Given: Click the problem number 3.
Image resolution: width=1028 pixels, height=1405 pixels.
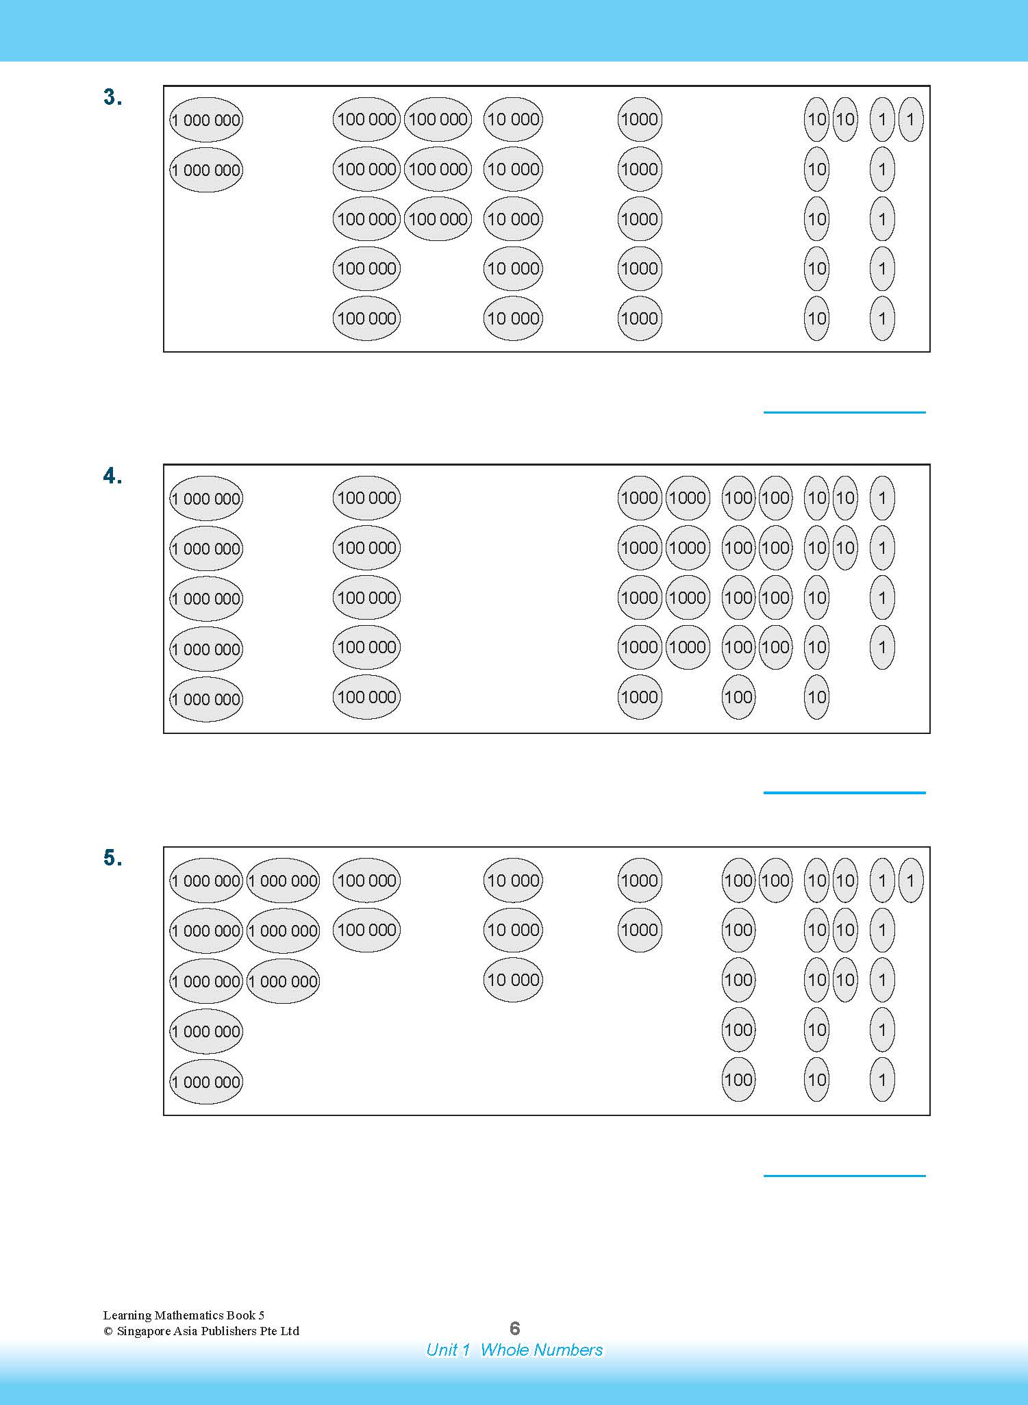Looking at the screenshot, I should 112,98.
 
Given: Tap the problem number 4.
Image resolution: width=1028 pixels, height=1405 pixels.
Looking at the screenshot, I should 112,476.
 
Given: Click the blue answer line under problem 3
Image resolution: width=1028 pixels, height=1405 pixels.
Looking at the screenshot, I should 844,412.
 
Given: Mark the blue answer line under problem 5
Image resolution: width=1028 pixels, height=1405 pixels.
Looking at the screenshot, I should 844,1176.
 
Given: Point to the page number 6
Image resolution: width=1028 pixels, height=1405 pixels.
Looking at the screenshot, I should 515,1328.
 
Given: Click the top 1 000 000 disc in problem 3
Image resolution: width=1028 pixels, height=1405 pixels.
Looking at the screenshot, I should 206,120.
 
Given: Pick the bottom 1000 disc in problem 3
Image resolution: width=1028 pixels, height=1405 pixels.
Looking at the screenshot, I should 640,318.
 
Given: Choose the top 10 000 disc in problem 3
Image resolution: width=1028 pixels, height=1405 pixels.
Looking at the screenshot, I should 513,119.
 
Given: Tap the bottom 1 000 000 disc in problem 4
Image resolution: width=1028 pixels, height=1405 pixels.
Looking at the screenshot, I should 206,699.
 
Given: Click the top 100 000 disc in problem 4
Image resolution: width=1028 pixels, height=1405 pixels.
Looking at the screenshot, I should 366,498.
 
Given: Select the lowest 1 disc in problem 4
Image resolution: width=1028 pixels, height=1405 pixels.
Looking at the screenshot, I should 882,647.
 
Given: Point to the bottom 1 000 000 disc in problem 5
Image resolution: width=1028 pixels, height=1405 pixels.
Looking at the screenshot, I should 206,1082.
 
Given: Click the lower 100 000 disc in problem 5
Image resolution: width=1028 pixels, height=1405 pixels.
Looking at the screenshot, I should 366,930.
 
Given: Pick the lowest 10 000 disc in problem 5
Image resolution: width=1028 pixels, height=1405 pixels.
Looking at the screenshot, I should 513,980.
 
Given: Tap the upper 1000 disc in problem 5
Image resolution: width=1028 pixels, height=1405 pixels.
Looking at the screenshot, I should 640,881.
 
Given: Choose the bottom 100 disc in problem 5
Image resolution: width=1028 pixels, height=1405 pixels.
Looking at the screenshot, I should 738,1080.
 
